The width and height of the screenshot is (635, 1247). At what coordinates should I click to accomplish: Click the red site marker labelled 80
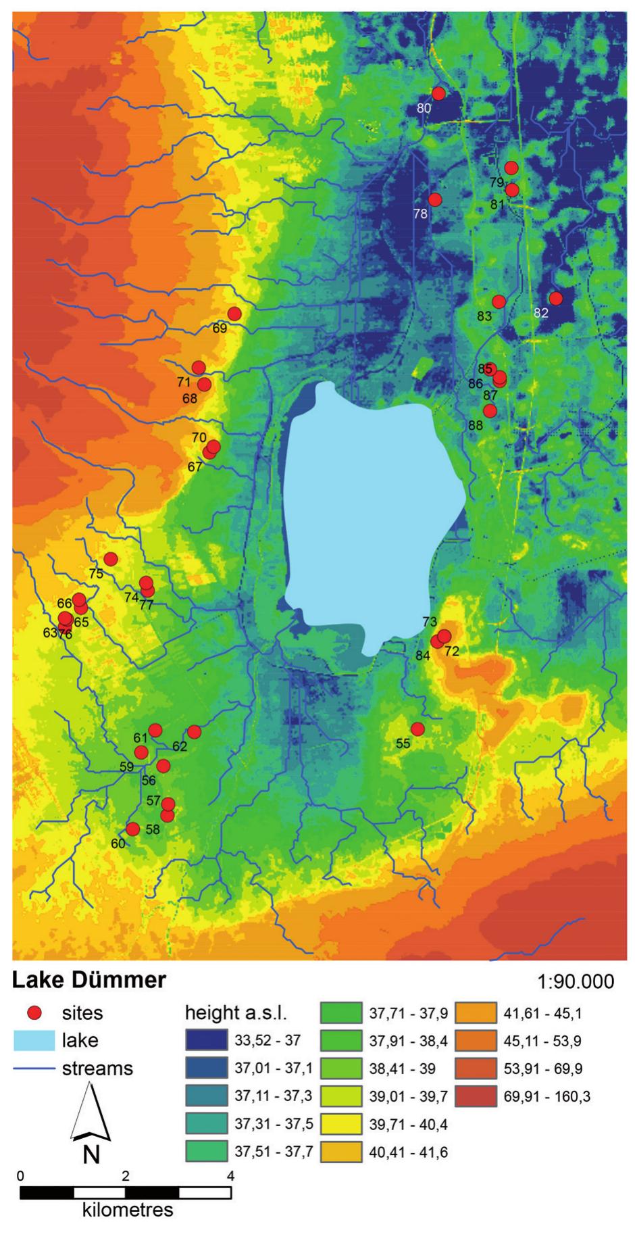438,93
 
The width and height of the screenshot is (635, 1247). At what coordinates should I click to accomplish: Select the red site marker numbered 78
435,200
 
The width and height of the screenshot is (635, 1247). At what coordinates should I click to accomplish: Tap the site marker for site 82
556,298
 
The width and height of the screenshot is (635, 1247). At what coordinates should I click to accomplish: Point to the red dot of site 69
234,314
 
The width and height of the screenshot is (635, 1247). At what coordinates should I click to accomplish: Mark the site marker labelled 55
417,729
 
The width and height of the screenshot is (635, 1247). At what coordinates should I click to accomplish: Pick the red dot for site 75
111,559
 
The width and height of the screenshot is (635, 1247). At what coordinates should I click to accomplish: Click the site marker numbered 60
133,829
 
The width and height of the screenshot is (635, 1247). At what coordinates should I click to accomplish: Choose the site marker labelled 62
195,732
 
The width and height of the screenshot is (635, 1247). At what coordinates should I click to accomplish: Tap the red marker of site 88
490,410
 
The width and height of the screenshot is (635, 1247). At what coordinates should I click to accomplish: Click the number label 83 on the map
484,316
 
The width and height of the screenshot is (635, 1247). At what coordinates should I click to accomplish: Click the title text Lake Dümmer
90,979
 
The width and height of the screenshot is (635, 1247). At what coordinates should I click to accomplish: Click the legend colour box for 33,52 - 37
205,1040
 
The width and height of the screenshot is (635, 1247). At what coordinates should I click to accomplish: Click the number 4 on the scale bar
230,1175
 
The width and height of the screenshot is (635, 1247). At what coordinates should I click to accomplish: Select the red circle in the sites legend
34,1012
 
